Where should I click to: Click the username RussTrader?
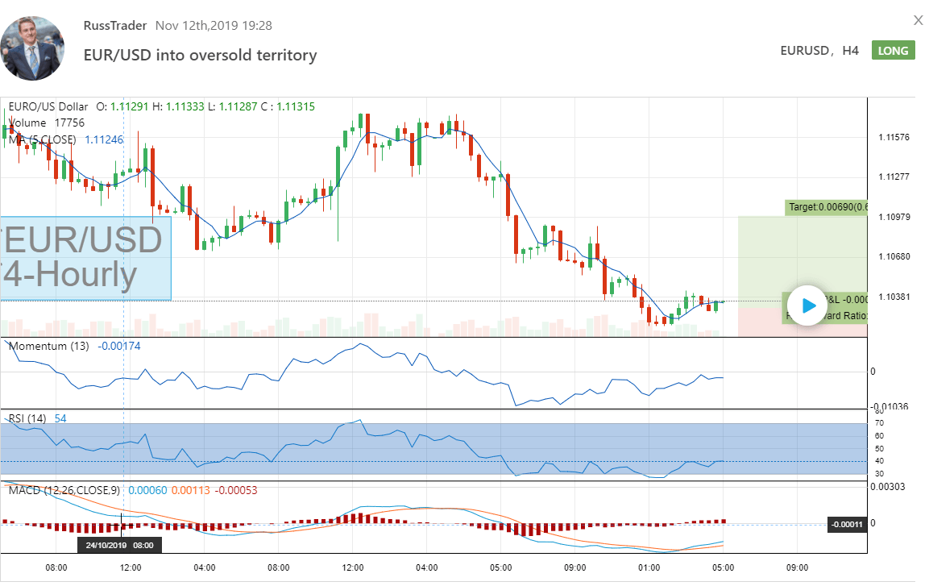(x=115, y=25)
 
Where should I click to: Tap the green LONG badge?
(x=893, y=50)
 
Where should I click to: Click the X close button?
(x=918, y=21)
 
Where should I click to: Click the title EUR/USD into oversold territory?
(x=201, y=55)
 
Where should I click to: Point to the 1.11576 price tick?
(x=894, y=137)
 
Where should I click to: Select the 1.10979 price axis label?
(x=894, y=217)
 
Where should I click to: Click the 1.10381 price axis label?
(x=894, y=297)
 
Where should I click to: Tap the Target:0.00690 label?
(x=827, y=207)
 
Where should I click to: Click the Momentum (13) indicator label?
(x=49, y=346)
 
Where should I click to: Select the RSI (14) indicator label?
(x=27, y=418)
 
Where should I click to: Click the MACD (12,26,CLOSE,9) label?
(x=64, y=489)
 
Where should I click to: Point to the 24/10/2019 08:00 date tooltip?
(x=121, y=545)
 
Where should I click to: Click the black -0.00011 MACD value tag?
(x=848, y=525)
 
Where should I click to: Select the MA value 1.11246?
(x=104, y=139)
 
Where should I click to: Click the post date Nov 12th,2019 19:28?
(x=214, y=25)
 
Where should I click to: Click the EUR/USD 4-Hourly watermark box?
(x=85, y=258)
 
